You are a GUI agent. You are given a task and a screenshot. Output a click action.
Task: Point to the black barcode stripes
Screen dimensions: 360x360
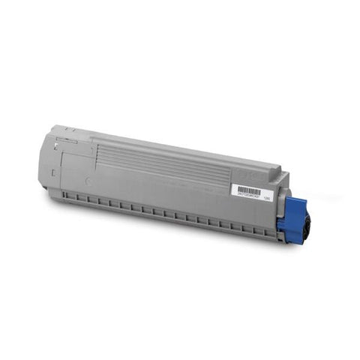coord(247,191)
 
